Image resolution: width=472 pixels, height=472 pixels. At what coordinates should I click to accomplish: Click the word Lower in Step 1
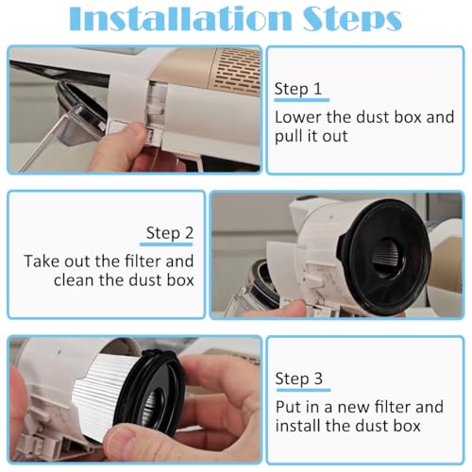pos(295,117)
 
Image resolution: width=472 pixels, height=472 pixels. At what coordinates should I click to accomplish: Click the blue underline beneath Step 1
pos(301,100)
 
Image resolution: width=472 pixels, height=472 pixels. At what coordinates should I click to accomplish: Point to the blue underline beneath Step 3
pos(301,391)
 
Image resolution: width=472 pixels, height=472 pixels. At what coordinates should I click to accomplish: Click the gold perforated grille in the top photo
pos(221,71)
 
